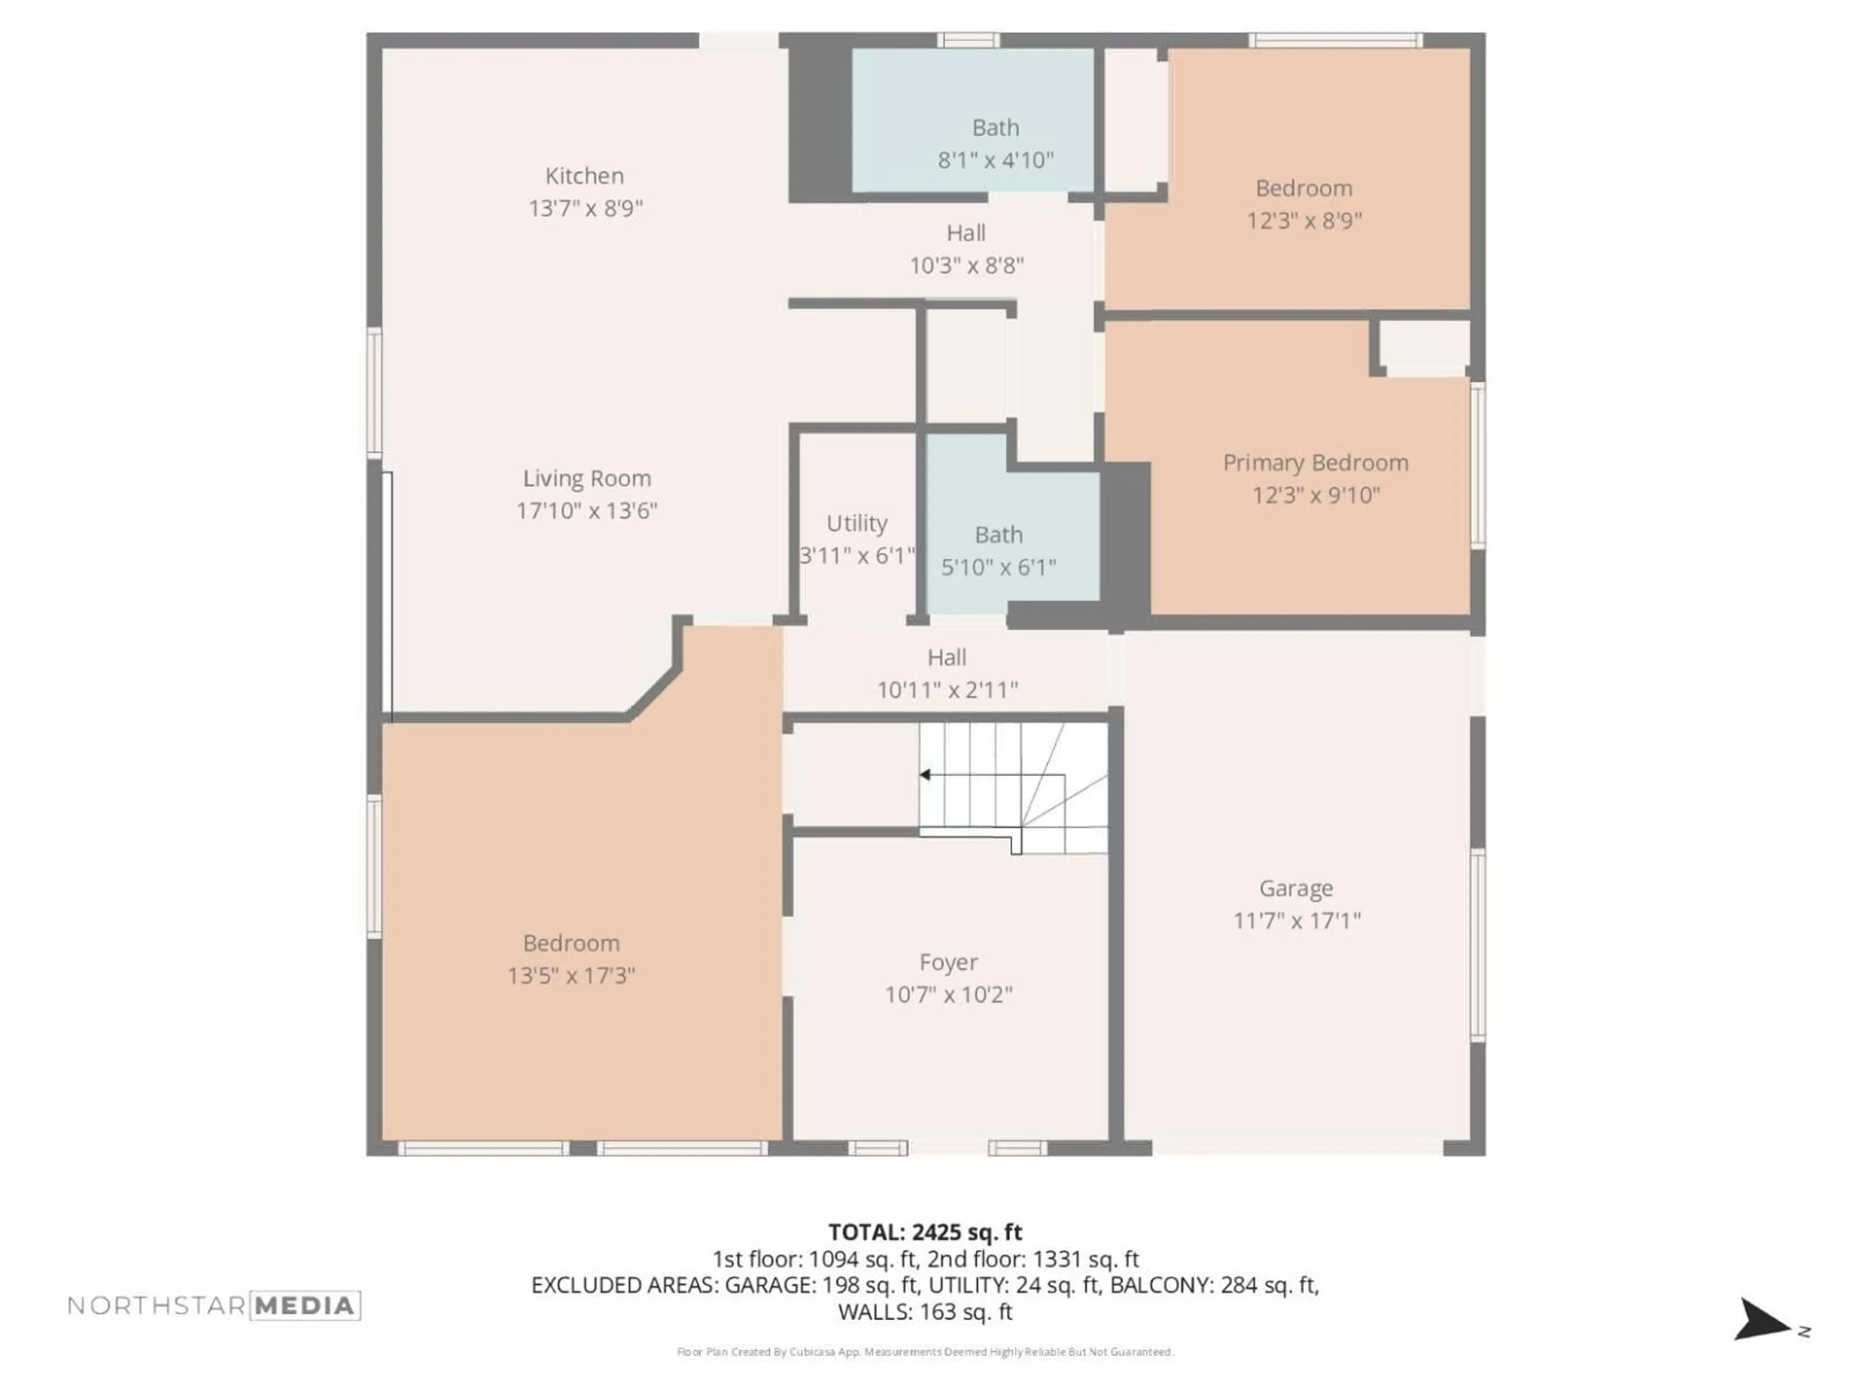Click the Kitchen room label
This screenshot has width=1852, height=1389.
[x=585, y=176]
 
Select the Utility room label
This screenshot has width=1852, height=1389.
[x=857, y=523]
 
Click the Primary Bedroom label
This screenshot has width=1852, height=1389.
[x=1315, y=463]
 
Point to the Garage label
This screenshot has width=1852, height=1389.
[x=1296, y=888]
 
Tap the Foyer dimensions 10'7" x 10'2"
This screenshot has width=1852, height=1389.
[x=949, y=994]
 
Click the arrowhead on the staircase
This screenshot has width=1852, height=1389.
[x=925, y=775]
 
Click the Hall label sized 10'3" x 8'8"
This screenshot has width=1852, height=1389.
[x=966, y=233]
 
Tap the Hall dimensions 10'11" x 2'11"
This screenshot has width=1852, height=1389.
[x=947, y=690]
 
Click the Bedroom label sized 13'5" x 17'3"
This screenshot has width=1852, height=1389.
[x=571, y=943]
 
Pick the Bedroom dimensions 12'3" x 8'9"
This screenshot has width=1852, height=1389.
[x=1304, y=221]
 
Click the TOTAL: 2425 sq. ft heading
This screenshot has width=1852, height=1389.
[x=925, y=1232]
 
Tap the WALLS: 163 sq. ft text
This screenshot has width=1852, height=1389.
[x=925, y=1312]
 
